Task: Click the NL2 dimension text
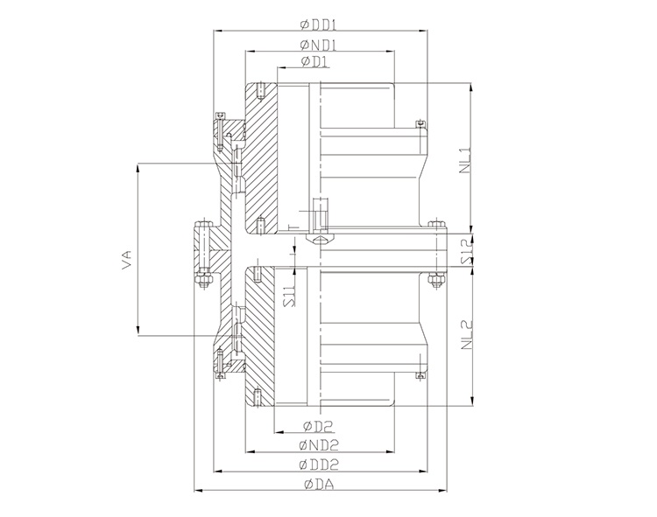click(x=463, y=333)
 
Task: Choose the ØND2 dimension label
click(x=320, y=445)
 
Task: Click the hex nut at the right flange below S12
click(x=434, y=280)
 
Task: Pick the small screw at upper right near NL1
click(x=420, y=124)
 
